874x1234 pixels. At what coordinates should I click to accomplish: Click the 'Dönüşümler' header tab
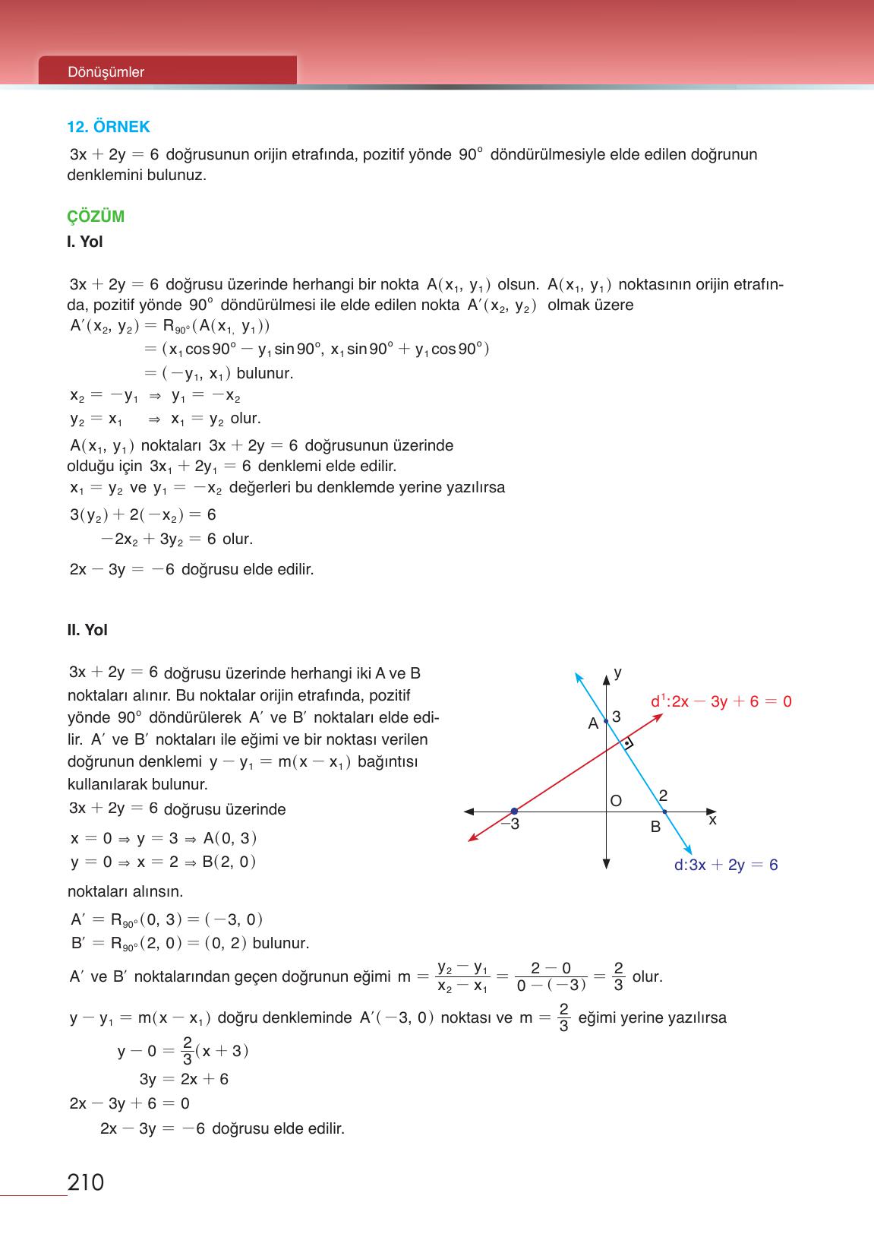(106, 72)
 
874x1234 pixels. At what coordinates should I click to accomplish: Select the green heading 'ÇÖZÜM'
(96, 217)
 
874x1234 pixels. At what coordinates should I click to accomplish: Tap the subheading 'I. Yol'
(85, 242)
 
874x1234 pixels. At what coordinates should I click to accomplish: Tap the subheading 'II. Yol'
(87, 630)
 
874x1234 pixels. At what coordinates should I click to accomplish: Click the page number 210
(86, 1183)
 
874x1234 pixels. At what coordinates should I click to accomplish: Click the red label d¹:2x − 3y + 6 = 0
(721, 701)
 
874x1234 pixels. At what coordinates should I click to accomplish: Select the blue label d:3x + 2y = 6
(725, 865)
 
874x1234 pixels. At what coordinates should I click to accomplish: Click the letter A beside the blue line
(593, 724)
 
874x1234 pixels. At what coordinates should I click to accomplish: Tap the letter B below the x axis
(656, 827)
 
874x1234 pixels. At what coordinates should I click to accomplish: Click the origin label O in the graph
(616, 801)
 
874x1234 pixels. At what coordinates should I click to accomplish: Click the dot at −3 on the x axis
(514, 812)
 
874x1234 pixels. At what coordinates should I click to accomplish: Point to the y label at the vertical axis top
(618, 672)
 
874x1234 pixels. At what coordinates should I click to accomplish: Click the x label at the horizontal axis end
(712, 821)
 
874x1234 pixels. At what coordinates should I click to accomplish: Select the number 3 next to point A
(617, 717)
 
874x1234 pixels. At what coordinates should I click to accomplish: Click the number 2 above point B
(663, 796)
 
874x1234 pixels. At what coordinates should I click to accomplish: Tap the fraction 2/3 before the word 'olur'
(618, 976)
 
